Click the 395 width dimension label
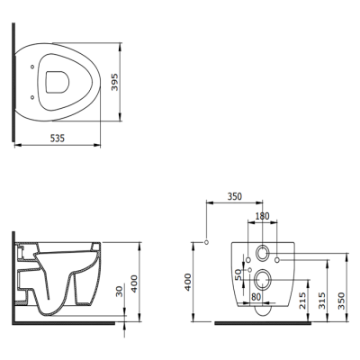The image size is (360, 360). click(115, 82)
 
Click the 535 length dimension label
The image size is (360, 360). click(57, 139)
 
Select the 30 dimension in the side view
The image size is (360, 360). click(120, 292)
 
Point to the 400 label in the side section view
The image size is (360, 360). click(134, 283)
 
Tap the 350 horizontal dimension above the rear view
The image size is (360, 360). click(234, 196)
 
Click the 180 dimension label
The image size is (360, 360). click(262, 216)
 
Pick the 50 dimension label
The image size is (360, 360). click(238, 274)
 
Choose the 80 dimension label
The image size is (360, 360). click(256, 297)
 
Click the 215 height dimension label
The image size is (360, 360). click(302, 301)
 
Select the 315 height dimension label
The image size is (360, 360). click(322, 301)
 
